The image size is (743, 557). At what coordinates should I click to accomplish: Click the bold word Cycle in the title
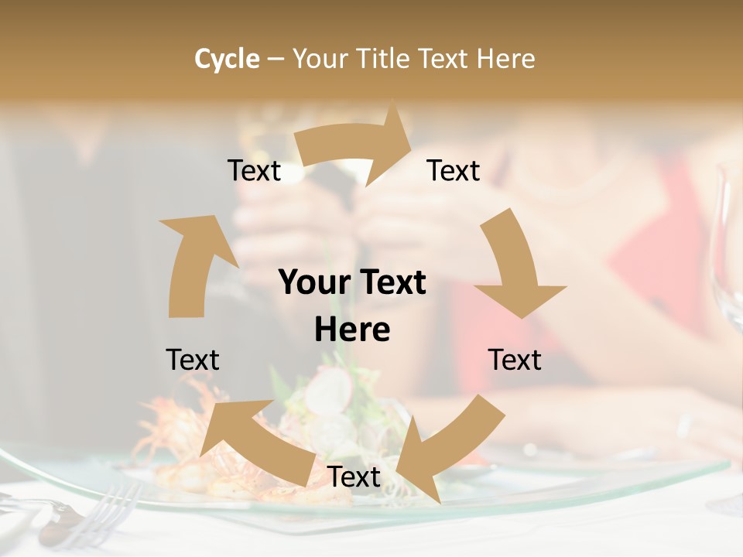tap(227, 59)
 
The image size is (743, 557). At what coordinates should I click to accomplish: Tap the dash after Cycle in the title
tap(276, 60)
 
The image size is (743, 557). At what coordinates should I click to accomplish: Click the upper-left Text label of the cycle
tap(254, 171)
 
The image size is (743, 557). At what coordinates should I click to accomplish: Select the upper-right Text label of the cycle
tap(454, 171)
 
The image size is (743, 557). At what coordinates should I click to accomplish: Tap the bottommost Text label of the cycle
tap(354, 477)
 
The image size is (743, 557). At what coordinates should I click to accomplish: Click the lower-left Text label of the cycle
tap(193, 361)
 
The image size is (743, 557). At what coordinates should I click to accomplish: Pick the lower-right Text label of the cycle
tap(515, 361)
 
